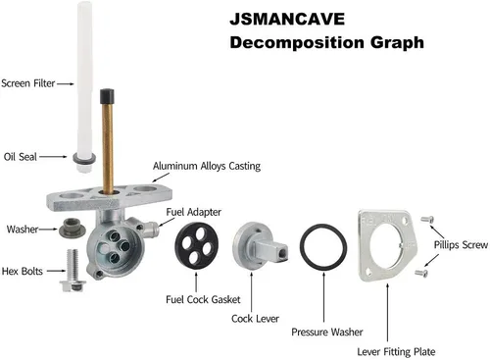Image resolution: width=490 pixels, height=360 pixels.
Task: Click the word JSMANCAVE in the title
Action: (x=287, y=19)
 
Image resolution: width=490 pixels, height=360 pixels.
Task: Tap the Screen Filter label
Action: (x=28, y=83)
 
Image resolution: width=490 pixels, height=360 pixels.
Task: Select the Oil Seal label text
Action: (x=21, y=157)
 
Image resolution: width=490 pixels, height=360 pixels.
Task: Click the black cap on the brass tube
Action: (x=107, y=95)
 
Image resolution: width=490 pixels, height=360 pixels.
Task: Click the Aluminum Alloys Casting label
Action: (x=207, y=166)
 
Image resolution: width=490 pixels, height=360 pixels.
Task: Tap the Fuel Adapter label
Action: (x=194, y=212)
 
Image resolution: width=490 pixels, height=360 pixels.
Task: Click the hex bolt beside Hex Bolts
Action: (x=73, y=271)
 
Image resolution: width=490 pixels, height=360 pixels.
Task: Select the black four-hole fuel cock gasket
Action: (x=196, y=245)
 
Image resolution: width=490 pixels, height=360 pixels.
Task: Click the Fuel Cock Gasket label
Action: (x=203, y=299)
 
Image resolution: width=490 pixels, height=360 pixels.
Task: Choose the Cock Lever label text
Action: (x=255, y=319)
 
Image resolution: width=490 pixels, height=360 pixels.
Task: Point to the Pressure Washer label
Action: (x=327, y=333)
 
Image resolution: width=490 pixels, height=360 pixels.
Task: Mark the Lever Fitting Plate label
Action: (x=396, y=352)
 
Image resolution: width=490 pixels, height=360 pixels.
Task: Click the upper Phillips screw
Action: (x=427, y=219)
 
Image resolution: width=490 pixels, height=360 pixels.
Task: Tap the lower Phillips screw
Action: (x=421, y=273)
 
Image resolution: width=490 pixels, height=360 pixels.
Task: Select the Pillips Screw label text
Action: (x=461, y=245)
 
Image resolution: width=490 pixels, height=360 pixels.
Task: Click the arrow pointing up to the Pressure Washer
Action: (x=323, y=297)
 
